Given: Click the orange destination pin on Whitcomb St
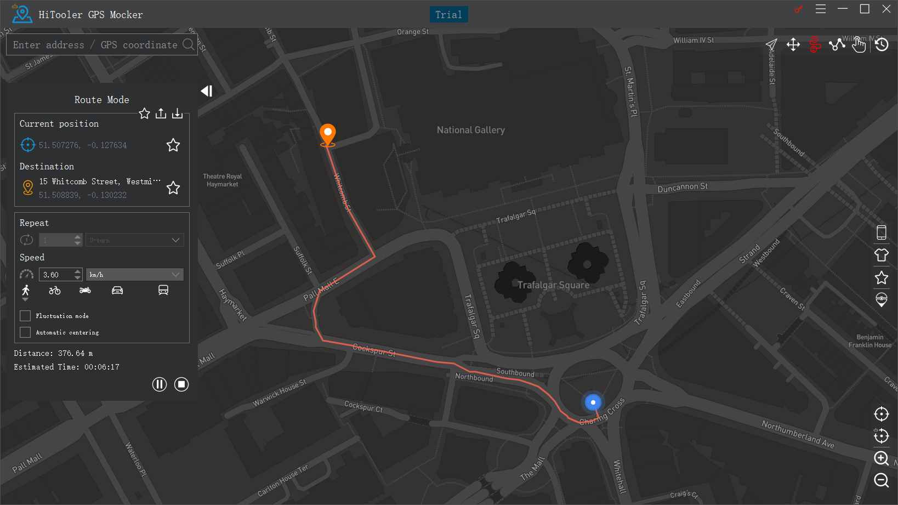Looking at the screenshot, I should coord(328,134).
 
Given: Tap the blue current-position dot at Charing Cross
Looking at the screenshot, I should coord(593,402).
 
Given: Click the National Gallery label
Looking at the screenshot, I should coord(470,130).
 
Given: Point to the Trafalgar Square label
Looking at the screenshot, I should coord(553,285).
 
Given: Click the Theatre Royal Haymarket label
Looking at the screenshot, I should coord(222,180).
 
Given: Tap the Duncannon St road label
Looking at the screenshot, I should coord(683,188).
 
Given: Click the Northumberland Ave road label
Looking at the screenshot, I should coord(798,434).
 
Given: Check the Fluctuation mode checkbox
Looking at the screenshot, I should coord(25,316).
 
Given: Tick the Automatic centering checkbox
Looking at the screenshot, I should coord(25,332).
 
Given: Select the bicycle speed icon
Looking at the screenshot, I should coord(55,291).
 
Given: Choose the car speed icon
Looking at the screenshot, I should coord(117,291).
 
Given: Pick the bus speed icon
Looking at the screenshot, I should coord(163,290).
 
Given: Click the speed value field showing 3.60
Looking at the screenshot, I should coord(56,275).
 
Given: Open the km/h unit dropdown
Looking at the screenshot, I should coord(134,275).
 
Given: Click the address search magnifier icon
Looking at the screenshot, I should coord(188,44).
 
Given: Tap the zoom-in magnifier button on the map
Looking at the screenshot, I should coord(881,458).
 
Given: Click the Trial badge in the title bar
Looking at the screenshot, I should coord(448,15).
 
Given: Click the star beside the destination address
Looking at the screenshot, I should coord(173,188).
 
